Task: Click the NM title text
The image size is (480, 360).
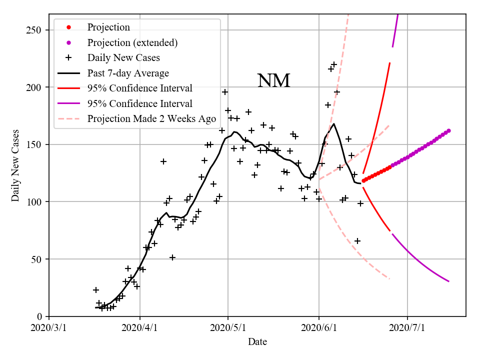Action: pos(273,81)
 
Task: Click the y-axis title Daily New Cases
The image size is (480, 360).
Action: pos(15,165)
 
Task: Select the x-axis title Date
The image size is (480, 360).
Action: pos(257,342)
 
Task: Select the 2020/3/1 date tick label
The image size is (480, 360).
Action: pos(49,328)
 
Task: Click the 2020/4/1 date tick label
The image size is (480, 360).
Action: pos(140,328)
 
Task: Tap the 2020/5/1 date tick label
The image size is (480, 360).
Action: pos(228,328)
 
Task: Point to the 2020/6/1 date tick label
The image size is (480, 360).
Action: pos(319,328)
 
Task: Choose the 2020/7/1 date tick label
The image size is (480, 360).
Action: pos(407,328)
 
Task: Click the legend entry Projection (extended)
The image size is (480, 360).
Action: pos(132,42)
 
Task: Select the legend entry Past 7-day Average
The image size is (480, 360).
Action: pos(128,73)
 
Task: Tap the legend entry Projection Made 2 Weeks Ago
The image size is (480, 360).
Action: pos(151,119)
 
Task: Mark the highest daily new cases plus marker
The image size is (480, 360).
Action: pos(334,64)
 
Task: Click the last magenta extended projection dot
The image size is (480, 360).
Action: pos(448,130)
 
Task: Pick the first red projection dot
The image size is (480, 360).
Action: pos(363,181)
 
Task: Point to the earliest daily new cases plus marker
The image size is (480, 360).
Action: pos(96,290)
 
